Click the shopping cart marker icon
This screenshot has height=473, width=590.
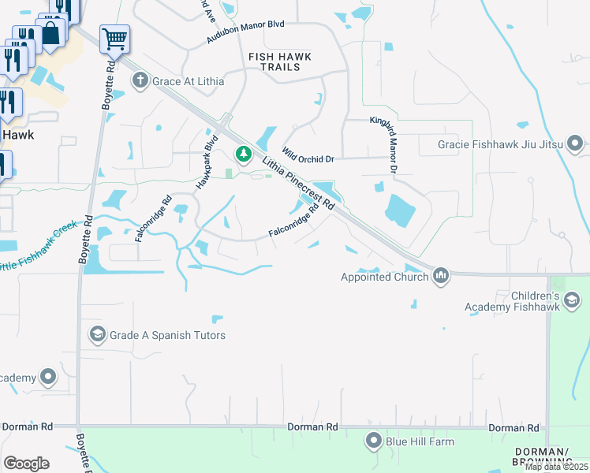pos(114,38)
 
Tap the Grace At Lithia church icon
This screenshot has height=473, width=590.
pos(140,80)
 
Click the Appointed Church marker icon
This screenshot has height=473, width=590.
pos(441,276)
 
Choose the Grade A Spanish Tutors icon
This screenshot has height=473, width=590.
pos(98,335)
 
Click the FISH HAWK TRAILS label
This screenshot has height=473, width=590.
pos(279,61)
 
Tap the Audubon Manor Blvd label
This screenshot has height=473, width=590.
pos(245,35)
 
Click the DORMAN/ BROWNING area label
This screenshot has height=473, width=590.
pos(541,456)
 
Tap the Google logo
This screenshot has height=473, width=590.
pos(27,463)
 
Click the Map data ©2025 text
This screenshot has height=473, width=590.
pos(555,467)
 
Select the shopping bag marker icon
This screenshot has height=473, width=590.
pos(50,33)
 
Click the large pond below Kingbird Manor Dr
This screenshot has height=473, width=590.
pos(401,209)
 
